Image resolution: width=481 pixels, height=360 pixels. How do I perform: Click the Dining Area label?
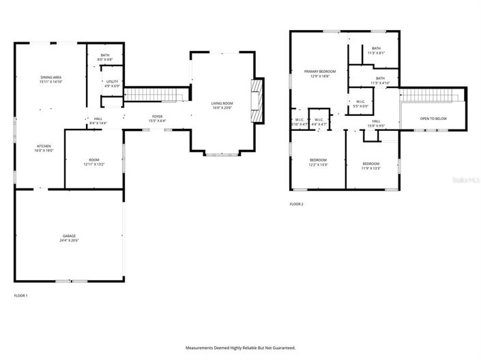pyautogui.click(x=51, y=78)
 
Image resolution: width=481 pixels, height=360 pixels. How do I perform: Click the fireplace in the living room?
pyautogui.click(x=257, y=101)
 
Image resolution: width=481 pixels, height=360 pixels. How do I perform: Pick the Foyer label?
pyautogui.click(x=157, y=117)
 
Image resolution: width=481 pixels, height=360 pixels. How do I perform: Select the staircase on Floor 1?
pyautogui.click(x=156, y=94)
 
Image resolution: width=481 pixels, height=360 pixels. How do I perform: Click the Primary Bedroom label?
pyautogui.click(x=320, y=72)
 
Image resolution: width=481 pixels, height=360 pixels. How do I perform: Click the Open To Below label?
pyautogui.click(x=433, y=119)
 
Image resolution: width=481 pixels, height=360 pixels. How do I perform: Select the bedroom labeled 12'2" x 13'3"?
pyautogui.click(x=319, y=162)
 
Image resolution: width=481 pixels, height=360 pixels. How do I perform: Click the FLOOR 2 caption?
pyautogui.click(x=297, y=204)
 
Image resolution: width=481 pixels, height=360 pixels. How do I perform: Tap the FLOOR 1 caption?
pyautogui.click(x=21, y=295)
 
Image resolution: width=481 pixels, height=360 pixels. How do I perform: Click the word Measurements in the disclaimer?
pyautogui.click(x=201, y=348)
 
